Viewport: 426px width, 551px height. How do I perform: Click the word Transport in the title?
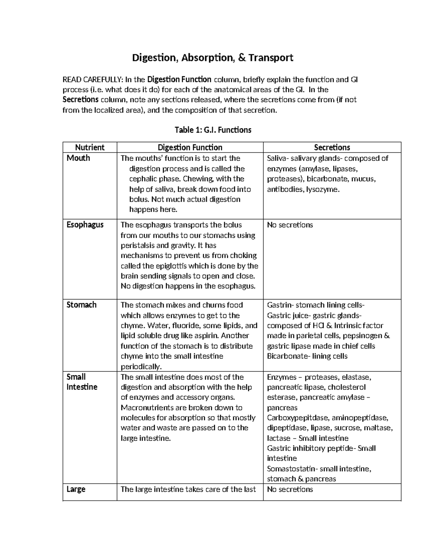point(271,57)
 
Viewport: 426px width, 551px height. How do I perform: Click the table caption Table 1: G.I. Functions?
point(213,130)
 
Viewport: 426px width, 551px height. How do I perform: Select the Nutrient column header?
point(90,147)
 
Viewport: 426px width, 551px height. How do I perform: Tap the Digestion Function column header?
point(190,147)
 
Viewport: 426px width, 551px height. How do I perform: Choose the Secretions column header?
point(332,147)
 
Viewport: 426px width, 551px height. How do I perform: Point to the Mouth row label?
point(78,158)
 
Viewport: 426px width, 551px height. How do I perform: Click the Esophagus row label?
point(85,225)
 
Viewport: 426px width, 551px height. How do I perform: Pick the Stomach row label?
point(81,305)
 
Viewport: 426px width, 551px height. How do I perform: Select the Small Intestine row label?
point(82,382)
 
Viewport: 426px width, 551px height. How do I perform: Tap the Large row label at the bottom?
point(76,489)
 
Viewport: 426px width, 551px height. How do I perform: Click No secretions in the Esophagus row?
point(290,225)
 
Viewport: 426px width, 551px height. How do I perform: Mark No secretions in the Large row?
point(290,489)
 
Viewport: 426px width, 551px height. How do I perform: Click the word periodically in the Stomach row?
point(141,367)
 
